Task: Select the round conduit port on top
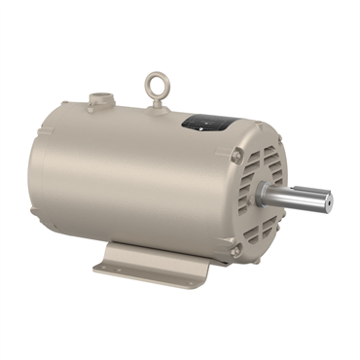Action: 100,98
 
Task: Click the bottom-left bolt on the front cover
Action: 235,251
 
